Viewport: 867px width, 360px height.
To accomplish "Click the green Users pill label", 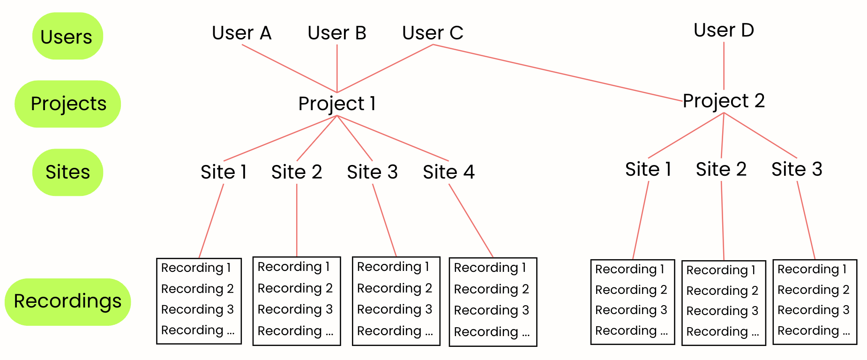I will pyautogui.click(x=67, y=36).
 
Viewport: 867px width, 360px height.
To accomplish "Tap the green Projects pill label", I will pyautogui.click(x=68, y=104).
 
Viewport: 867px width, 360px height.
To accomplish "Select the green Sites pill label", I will pyautogui.click(x=67, y=172).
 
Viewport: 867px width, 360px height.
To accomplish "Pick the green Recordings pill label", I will pyautogui.click(x=67, y=301).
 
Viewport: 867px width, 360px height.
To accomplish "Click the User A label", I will pyautogui.click(x=241, y=33).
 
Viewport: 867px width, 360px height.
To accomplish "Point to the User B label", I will pyautogui.click(x=336, y=33).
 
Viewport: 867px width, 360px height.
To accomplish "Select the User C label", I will pyautogui.click(x=433, y=33).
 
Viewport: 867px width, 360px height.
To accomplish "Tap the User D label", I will pyautogui.click(x=724, y=30).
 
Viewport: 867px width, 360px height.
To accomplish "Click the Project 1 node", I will pyautogui.click(x=337, y=104).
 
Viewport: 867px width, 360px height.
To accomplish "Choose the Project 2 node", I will pyautogui.click(x=724, y=101).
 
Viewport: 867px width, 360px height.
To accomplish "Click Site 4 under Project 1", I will pyautogui.click(x=448, y=172).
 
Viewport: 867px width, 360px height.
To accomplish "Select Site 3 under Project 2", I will pyautogui.click(x=797, y=169).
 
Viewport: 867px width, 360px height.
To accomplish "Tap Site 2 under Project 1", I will pyautogui.click(x=297, y=172).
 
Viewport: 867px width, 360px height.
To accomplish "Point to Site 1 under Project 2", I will pyautogui.click(x=648, y=169).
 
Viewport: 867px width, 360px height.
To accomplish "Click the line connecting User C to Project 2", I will pyautogui.click(x=558, y=73).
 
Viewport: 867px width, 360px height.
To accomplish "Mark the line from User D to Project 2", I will pyautogui.click(x=724, y=66).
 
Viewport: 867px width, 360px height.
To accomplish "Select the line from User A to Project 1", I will pyautogui.click(x=289, y=68).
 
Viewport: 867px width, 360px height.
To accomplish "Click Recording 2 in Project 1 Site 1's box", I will pyautogui.click(x=197, y=289).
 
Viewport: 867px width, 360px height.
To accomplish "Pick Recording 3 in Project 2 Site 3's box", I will pyautogui.click(x=813, y=310).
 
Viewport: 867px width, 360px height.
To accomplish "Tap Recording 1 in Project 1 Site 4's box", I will pyautogui.click(x=490, y=268).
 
